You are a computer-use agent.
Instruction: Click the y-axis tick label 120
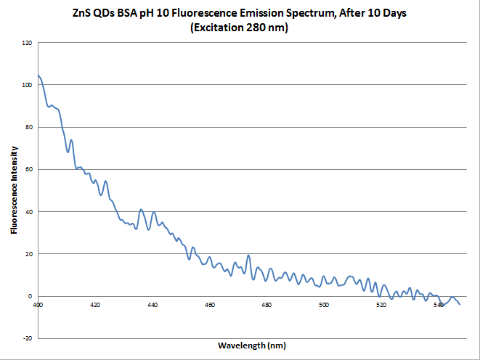click(x=28, y=43)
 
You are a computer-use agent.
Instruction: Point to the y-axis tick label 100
click(x=28, y=85)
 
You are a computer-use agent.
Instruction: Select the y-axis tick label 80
click(x=29, y=127)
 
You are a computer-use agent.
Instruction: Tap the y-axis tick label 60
click(x=29, y=169)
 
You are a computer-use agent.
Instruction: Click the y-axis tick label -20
click(x=28, y=338)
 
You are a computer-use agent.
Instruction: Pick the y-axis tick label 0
click(x=31, y=296)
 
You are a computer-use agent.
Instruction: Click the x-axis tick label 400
click(x=38, y=305)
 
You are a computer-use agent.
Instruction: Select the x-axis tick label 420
click(x=95, y=305)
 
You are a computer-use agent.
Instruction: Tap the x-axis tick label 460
click(x=209, y=305)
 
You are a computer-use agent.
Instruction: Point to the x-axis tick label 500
click(x=324, y=305)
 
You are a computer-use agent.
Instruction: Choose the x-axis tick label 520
click(x=381, y=305)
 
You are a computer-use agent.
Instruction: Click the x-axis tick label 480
click(x=267, y=305)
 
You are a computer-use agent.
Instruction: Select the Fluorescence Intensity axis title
click(x=15, y=190)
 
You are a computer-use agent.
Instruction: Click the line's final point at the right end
click(x=460, y=304)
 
